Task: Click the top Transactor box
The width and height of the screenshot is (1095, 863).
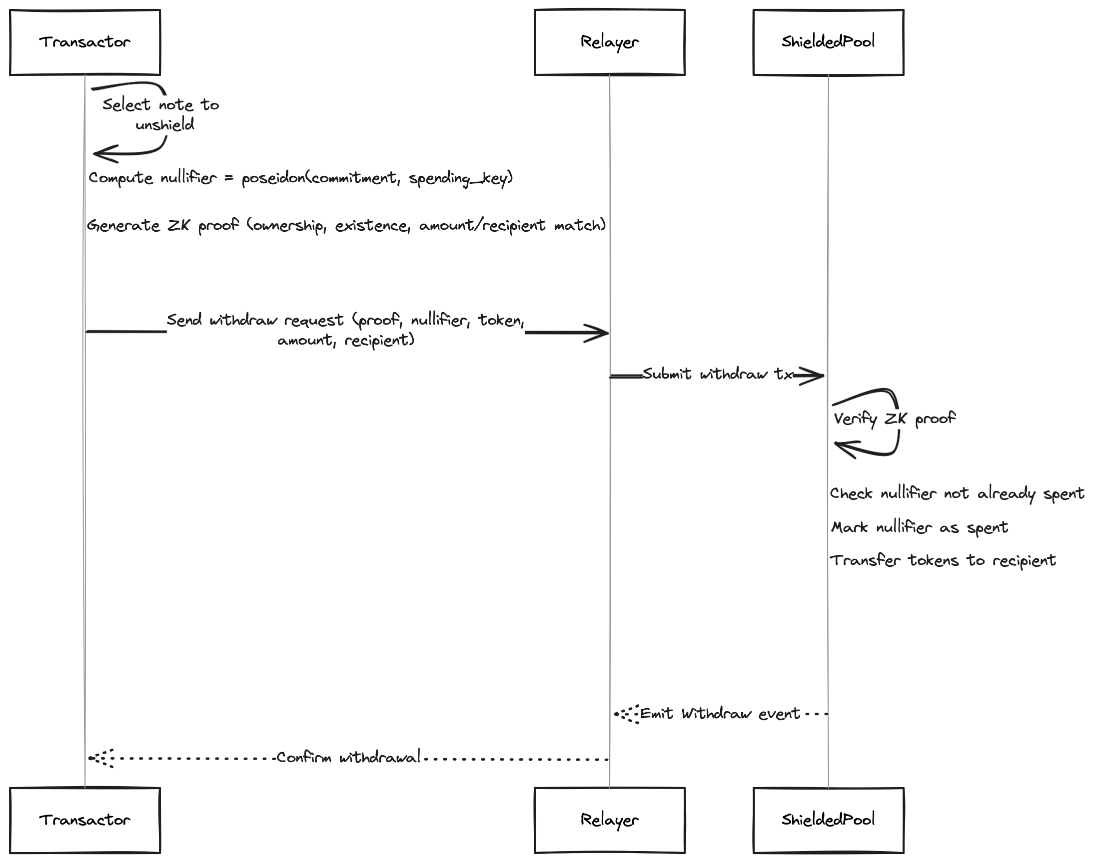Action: click(85, 42)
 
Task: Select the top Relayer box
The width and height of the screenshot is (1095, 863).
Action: click(610, 42)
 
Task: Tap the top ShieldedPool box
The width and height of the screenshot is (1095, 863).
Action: click(829, 42)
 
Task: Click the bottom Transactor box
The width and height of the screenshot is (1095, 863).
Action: click(85, 820)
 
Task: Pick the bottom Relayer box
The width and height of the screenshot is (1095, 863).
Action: click(610, 820)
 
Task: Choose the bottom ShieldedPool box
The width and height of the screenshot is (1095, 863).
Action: click(829, 820)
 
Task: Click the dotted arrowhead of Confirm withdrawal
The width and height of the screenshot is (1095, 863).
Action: click(100, 759)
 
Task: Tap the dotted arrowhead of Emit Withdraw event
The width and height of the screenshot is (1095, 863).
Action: click(626, 715)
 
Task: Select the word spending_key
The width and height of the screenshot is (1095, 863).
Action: click(458, 179)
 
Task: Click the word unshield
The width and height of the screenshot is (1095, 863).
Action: click(165, 124)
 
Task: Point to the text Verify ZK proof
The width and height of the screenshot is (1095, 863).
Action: click(895, 419)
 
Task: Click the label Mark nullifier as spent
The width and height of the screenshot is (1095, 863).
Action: click(920, 527)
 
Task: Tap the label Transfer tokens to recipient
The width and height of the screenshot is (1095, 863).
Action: click(943, 560)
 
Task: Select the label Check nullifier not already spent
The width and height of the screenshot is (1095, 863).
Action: click(957, 493)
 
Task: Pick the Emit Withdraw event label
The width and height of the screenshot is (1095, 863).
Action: click(720, 714)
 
